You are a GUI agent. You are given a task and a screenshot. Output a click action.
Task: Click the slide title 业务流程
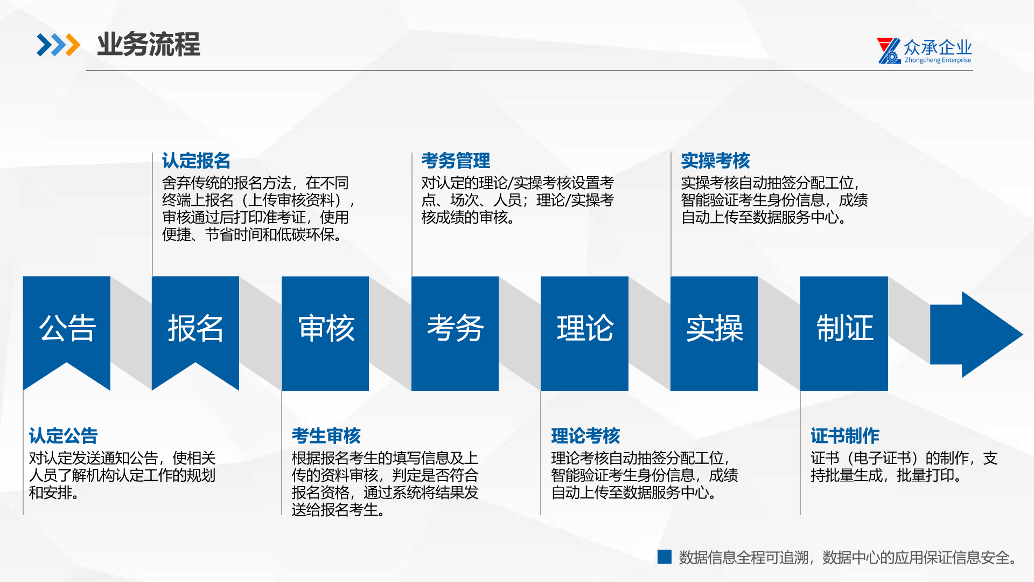148,44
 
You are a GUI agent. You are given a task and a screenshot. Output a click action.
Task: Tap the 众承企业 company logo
924,51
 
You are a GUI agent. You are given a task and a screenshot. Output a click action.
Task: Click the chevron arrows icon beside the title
58,45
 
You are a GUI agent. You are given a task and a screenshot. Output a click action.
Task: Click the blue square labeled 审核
325,334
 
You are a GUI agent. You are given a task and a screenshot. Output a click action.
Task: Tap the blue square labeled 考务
455,334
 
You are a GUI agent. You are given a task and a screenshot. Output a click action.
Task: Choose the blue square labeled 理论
584,334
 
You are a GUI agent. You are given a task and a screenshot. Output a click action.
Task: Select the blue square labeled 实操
714,334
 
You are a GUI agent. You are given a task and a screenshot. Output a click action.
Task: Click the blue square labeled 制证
844,334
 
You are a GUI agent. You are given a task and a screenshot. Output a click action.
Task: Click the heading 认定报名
196,161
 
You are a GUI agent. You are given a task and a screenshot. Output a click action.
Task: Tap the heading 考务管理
456,161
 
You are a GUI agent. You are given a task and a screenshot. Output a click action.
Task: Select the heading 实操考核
715,161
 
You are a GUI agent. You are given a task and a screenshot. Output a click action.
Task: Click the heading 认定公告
64,435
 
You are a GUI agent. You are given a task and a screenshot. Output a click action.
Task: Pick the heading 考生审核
326,435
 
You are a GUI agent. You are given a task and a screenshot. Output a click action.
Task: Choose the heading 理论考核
585,435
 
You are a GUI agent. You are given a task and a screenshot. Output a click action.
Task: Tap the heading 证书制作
845,435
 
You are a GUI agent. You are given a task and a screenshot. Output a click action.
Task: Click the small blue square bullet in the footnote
665,557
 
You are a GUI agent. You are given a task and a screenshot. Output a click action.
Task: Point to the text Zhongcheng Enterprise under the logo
938,60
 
